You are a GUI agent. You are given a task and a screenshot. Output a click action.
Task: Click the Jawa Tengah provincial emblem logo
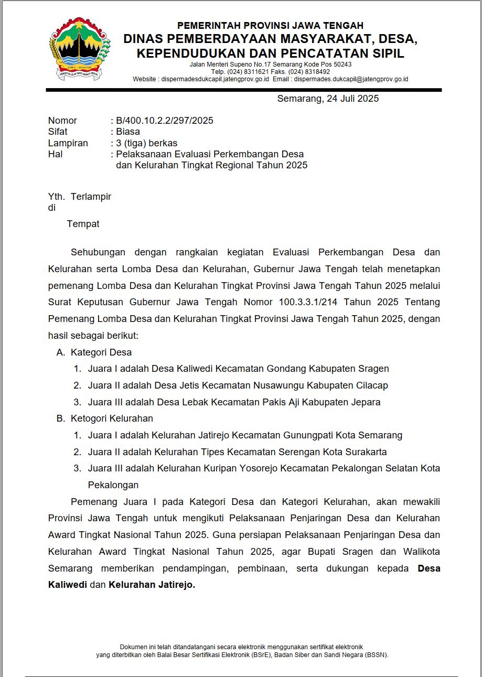[80, 49]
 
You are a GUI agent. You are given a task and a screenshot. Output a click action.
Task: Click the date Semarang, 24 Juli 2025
[328, 99]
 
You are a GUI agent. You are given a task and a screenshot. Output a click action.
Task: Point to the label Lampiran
[68, 143]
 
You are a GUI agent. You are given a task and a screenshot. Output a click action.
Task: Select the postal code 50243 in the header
[342, 65]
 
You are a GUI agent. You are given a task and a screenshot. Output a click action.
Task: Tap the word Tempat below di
[83, 224]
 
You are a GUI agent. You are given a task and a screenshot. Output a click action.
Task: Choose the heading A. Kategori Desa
[94, 352]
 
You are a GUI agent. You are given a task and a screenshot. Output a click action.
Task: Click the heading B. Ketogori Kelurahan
[105, 418]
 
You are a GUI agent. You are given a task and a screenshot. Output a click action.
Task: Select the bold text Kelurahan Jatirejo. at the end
[152, 585]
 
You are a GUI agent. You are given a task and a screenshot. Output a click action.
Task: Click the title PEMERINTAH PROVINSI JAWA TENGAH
[270, 25]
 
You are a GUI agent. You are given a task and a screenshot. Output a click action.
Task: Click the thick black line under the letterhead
[244, 90]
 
